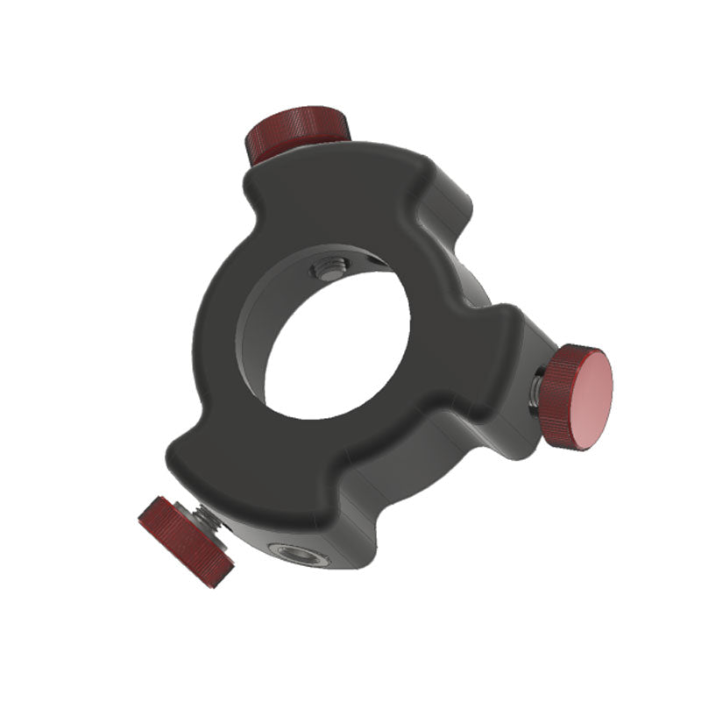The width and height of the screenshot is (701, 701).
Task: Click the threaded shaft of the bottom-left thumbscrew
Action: tap(213, 520)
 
